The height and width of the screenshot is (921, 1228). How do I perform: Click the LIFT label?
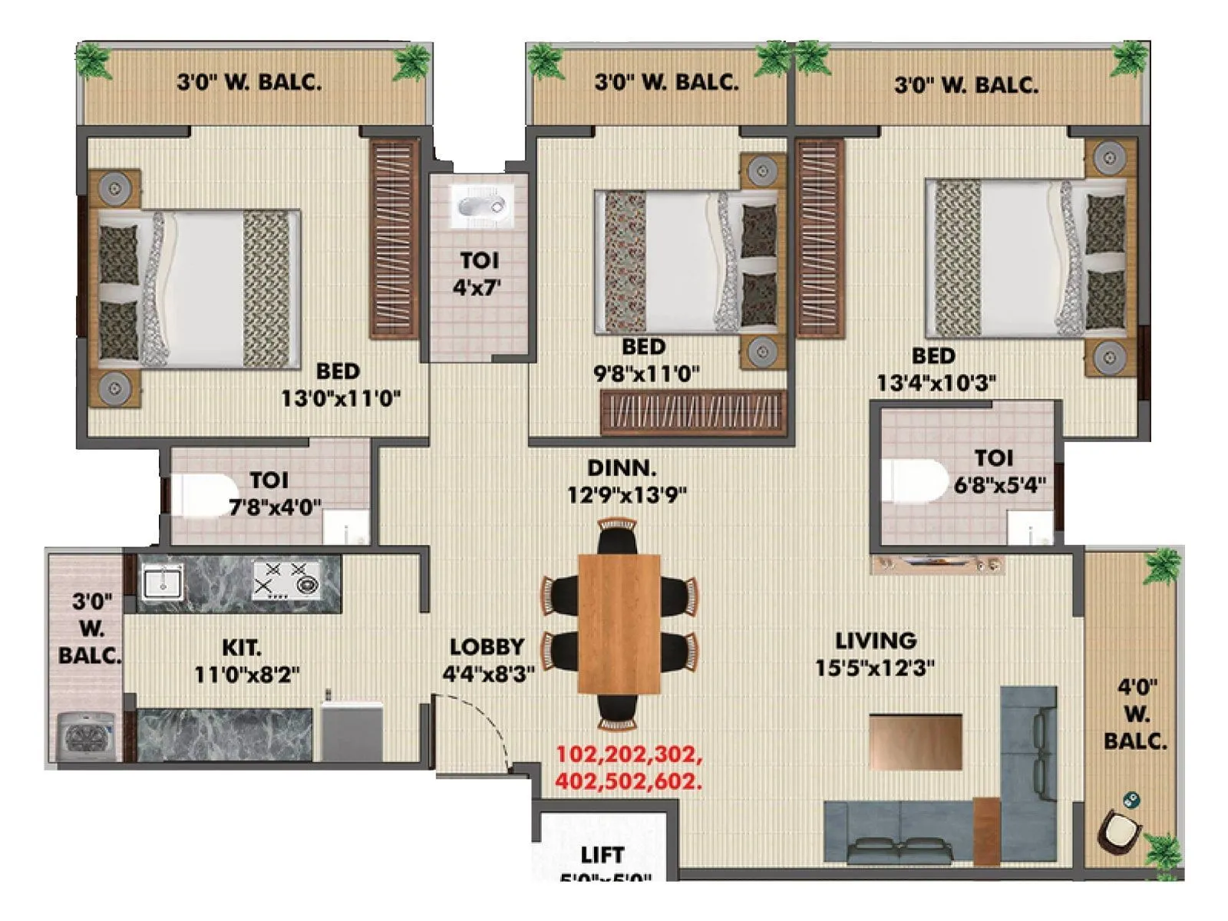pos(602,855)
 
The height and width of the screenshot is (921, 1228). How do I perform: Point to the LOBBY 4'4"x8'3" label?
pos(487,661)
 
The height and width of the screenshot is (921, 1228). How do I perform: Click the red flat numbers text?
pos(629,767)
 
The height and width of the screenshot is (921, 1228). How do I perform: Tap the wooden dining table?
pos(619,623)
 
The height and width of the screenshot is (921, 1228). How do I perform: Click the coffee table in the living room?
pos(916,741)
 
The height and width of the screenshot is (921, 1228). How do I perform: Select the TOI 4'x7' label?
pos(479,273)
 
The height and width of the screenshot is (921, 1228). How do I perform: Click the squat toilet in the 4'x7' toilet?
pos(480,206)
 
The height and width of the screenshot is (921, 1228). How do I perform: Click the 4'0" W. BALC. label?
pos(1135,714)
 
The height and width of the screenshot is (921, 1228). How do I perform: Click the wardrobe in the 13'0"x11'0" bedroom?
pos(394,239)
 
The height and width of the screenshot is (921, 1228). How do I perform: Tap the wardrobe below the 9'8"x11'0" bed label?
pos(693,413)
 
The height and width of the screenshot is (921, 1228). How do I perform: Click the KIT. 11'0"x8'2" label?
pos(246,661)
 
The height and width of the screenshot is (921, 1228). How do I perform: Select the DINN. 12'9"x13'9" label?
pos(626,481)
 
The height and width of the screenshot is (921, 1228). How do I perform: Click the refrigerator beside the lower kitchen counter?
pos(351,731)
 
